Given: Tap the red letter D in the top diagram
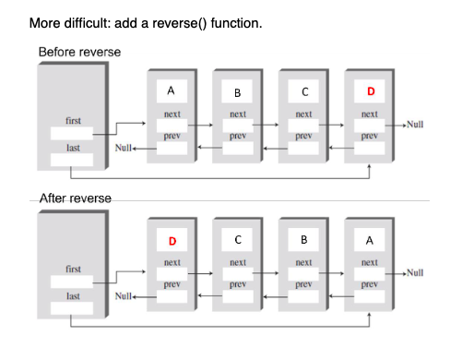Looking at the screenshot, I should pyautogui.click(x=370, y=92).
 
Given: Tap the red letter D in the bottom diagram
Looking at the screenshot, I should pyautogui.click(x=172, y=241).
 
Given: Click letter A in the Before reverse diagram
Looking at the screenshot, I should pyautogui.click(x=172, y=91).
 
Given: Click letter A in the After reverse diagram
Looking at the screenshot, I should pyautogui.click(x=370, y=241).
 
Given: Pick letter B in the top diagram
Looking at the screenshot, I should pyautogui.click(x=238, y=92).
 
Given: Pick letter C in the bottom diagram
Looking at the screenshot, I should pyautogui.click(x=238, y=241).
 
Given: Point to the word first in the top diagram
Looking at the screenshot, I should pyautogui.click(x=73, y=121).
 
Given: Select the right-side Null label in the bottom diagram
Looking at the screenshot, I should pyautogui.click(x=414, y=273).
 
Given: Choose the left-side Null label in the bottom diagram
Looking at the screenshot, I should pyautogui.click(x=123, y=296).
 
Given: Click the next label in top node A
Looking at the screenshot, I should pyautogui.click(x=172, y=114).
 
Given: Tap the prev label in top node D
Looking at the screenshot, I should pyautogui.click(x=370, y=136).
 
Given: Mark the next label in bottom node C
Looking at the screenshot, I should pyautogui.click(x=238, y=262).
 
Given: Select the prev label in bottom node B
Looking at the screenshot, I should pyautogui.click(x=303, y=284).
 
